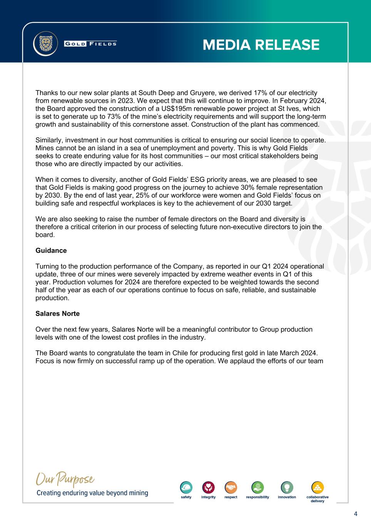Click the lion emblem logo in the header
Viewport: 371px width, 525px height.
[45, 43]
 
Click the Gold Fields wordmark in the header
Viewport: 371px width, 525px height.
[90, 43]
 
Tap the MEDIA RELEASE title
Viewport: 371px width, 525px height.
[261, 45]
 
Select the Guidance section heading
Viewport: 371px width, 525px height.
[51, 250]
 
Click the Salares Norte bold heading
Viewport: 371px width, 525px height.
[57, 313]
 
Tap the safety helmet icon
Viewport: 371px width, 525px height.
[186, 487]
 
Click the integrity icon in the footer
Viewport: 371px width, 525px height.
[208, 487]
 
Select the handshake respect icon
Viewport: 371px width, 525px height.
[231, 487]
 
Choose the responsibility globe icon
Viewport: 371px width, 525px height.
[257, 487]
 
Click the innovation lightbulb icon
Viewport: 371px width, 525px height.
[287, 487]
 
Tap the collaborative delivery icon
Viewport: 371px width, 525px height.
[318, 487]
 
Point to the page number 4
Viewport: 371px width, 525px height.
[355, 514]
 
